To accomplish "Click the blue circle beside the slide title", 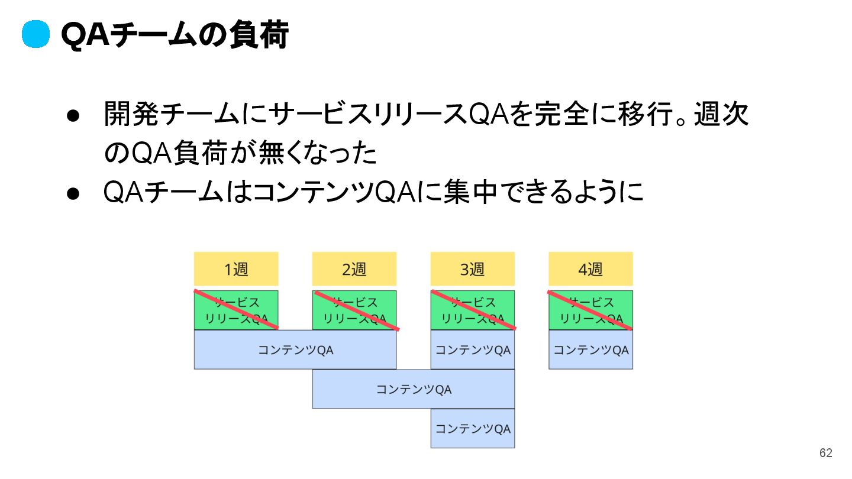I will pyautogui.click(x=35, y=35).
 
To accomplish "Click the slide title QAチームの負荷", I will pyautogui.click(x=175, y=35).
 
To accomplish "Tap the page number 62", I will pyautogui.click(x=825, y=453).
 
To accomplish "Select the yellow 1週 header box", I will pyautogui.click(x=236, y=269).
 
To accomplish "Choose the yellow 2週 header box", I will pyautogui.click(x=354, y=269).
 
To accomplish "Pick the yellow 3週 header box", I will pyautogui.click(x=473, y=269).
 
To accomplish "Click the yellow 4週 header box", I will pyautogui.click(x=590, y=269).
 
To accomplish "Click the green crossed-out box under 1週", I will pyautogui.click(x=236, y=310).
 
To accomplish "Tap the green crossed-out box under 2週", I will pyautogui.click(x=354, y=310).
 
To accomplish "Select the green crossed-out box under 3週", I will pyautogui.click(x=473, y=310).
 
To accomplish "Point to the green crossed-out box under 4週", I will pyautogui.click(x=590, y=310).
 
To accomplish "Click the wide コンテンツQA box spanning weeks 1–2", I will pyautogui.click(x=295, y=349).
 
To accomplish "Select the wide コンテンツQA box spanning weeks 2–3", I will pyautogui.click(x=414, y=389).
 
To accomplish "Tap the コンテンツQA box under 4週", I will pyautogui.click(x=590, y=349).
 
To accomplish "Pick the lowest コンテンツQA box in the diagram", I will pyautogui.click(x=473, y=428).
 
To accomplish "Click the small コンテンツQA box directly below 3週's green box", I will pyautogui.click(x=473, y=349).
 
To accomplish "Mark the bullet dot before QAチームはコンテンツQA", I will pyautogui.click(x=73, y=193).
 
